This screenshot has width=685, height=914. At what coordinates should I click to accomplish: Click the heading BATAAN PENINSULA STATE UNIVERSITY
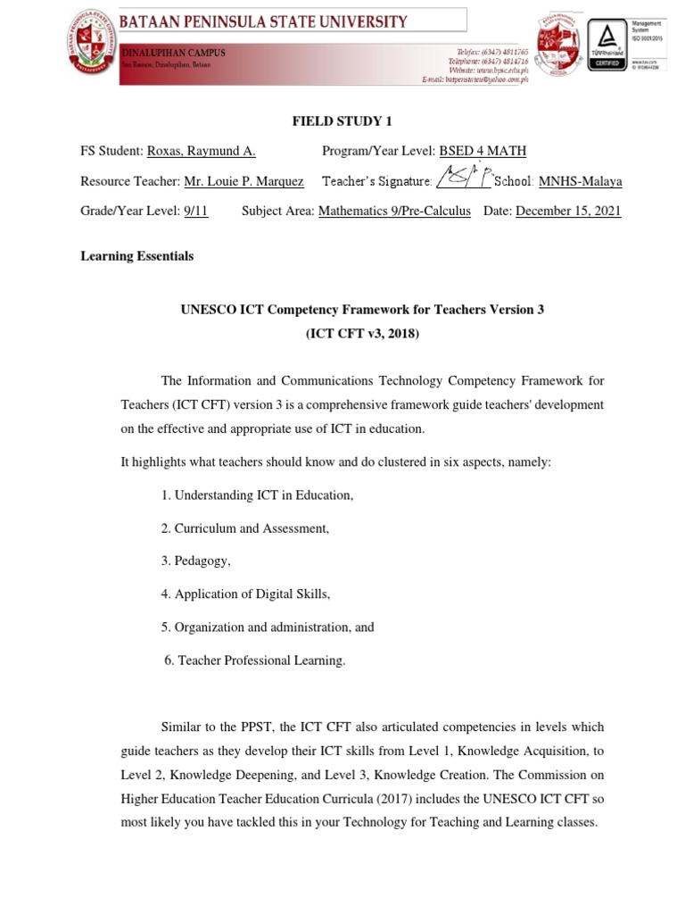click(x=264, y=21)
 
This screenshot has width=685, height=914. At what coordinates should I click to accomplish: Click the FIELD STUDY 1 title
click(x=342, y=121)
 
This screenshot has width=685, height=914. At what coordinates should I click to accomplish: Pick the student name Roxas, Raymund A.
click(x=201, y=152)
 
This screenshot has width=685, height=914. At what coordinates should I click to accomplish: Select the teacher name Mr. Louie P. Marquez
click(x=243, y=181)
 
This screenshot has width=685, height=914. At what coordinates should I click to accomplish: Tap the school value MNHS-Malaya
click(x=580, y=181)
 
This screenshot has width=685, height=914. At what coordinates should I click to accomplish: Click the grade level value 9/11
click(x=195, y=212)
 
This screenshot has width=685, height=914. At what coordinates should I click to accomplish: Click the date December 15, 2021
click(x=568, y=212)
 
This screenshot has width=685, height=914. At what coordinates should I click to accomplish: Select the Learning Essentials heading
click(x=136, y=256)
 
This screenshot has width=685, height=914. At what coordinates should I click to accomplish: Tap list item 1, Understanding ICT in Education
click(x=257, y=495)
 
